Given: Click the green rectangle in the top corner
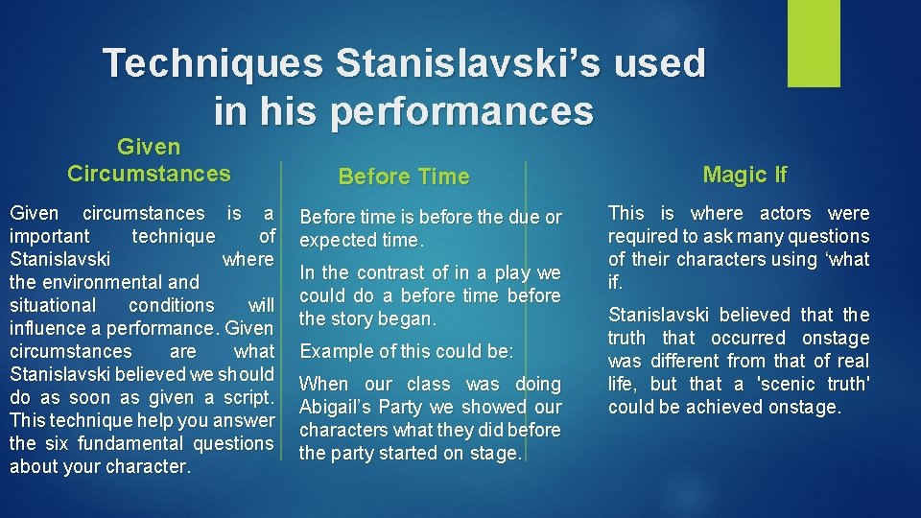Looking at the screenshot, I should [x=813, y=43].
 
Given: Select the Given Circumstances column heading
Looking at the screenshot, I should [x=149, y=160].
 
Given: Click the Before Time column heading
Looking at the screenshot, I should [x=404, y=177].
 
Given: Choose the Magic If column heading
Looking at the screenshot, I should [x=744, y=174].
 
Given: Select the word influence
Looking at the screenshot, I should [x=47, y=328].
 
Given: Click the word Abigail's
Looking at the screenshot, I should [x=342, y=407].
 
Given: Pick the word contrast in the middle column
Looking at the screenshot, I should [x=394, y=273].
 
